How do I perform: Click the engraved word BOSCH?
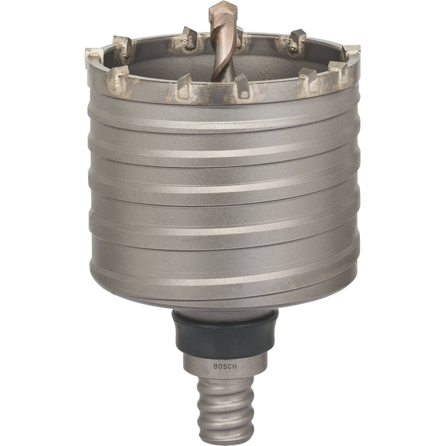225,366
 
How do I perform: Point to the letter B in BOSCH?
215,366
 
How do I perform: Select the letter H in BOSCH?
234,366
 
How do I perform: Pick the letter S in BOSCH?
225,366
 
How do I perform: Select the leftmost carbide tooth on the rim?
94,57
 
